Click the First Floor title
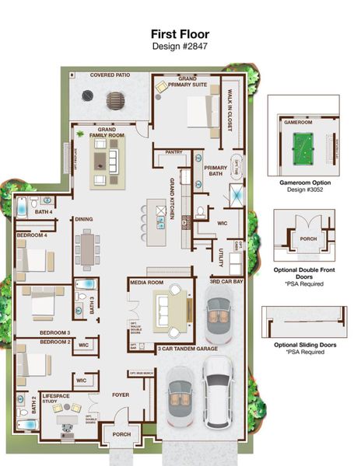(180, 34)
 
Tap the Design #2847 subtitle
(180, 46)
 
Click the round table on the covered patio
(116, 101)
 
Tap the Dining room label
(84, 220)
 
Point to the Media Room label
(146, 283)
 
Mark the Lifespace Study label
(56, 399)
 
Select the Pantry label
(175, 153)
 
